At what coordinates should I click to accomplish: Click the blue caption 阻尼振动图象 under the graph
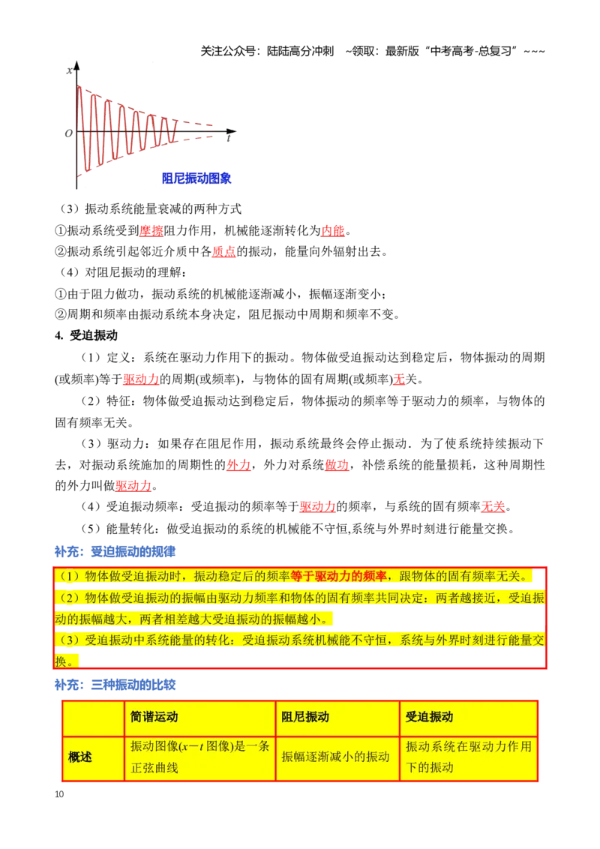196,178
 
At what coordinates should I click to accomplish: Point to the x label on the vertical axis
69,70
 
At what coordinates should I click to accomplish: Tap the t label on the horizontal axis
229,139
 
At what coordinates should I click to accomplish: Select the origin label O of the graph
68,133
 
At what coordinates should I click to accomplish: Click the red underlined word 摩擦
151,231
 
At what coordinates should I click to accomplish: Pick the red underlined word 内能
333,231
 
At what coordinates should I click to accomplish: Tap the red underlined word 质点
223,252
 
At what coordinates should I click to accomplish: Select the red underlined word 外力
238,464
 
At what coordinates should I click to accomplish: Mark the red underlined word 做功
336,464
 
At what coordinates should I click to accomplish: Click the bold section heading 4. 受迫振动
86,336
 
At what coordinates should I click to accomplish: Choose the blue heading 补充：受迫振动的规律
115,552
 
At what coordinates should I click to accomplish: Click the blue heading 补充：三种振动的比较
115,685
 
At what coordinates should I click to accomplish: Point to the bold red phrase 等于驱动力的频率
338,576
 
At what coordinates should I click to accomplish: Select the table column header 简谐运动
154,717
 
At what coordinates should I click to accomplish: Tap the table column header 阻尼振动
305,717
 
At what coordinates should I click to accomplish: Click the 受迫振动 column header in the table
430,717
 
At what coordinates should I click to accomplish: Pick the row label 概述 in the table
80,757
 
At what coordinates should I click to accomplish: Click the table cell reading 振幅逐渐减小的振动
336,757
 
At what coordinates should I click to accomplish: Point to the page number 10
59,794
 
